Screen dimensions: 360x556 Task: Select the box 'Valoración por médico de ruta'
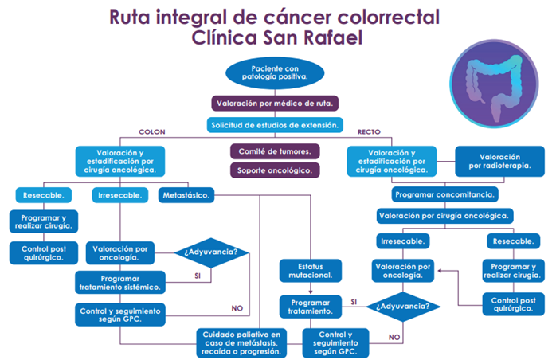[x=276, y=103]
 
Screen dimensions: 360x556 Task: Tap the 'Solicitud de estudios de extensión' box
[x=276, y=125]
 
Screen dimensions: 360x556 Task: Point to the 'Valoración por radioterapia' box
[x=500, y=162]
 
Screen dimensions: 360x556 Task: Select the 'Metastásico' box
[x=186, y=195]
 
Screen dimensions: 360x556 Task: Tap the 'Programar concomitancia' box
[x=446, y=194]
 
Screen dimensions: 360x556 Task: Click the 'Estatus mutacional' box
[x=311, y=271]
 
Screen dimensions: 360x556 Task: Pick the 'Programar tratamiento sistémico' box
[x=120, y=282]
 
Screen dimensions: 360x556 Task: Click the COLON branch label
[x=152, y=132]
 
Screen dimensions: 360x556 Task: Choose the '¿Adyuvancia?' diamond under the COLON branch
[x=210, y=254]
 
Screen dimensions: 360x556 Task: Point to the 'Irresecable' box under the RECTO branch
[x=402, y=241]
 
